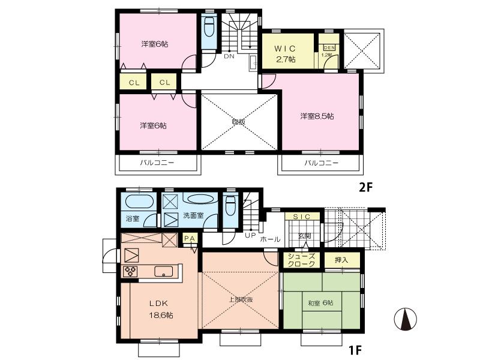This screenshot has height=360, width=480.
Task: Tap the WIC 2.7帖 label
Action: pos(285,53)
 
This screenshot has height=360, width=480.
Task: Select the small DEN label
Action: pos(329,47)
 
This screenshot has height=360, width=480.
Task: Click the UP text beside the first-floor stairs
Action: pos(250,235)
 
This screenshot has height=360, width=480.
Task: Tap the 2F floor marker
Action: pos(366,187)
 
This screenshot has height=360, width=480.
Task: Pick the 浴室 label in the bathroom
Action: pos(132,218)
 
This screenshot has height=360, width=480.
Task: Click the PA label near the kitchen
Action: pos(190,239)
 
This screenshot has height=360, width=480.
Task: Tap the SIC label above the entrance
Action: pos(301,216)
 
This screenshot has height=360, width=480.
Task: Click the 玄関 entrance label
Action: pos(305,236)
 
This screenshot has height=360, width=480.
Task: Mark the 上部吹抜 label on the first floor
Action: pos(241,299)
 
